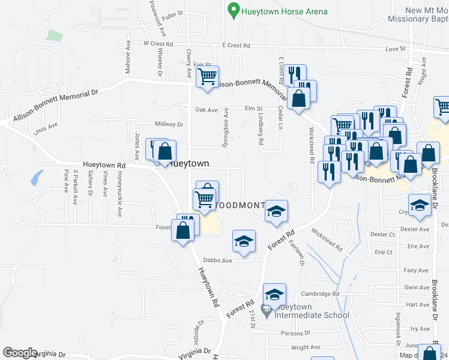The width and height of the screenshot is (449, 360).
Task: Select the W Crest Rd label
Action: click(158, 44)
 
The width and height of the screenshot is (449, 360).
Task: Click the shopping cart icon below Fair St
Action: click(208, 77)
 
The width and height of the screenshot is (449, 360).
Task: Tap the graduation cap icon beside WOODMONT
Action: click(276, 212)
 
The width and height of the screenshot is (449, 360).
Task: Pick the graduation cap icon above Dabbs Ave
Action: click(244, 241)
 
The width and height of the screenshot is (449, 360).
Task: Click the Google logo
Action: click(20, 353)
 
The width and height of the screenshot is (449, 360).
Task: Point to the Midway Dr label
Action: click(169, 124)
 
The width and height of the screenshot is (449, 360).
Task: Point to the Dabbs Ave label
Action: click(217, 260)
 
